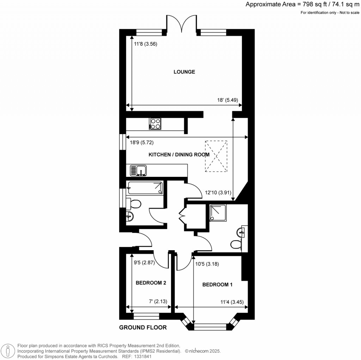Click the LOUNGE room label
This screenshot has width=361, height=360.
click(184, 72)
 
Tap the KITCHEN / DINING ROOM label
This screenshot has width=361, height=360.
click(179, 155)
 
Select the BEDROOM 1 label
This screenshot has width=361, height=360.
click(217, 285)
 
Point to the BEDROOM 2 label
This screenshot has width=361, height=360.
click(151, 283)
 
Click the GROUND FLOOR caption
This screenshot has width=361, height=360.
click(143, 328)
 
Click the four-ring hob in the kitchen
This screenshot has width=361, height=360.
click(155, 124)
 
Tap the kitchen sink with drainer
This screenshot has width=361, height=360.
click(138, 170)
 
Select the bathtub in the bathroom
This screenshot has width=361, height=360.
click(145, 188)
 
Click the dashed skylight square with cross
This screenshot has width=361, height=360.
click(216, 156)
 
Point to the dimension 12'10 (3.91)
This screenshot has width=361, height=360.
click(218, 193)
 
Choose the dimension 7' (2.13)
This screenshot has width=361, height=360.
click(158, 301)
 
